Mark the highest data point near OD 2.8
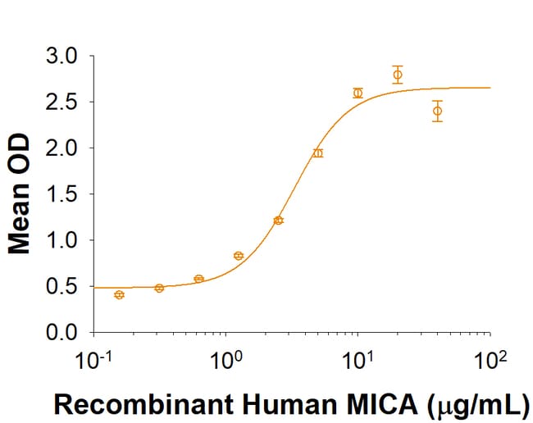coord(398,75)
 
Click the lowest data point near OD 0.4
coord(119,294)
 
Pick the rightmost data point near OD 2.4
coord(438,111)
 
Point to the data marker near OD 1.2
coord(278,221)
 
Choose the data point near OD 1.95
coord(318,153)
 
